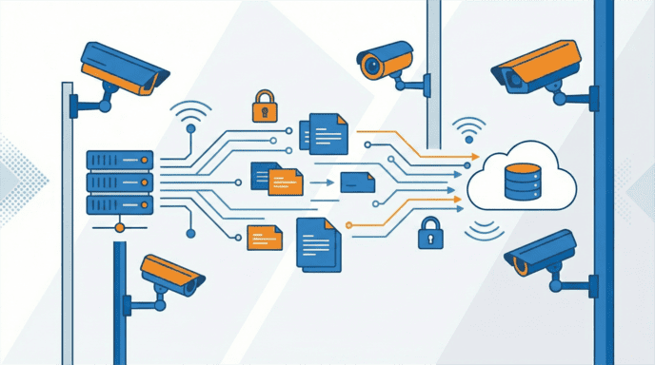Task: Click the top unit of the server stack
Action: [x=120, y=159]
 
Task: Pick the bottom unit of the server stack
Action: [x=120, y=204]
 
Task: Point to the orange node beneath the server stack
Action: [x=120, y=228]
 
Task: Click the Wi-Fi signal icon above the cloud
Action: [x=467, y=129]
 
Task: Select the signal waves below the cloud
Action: [x=486, y=228]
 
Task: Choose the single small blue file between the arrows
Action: [x=356, y=181]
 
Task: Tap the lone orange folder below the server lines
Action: [x=265, y=236]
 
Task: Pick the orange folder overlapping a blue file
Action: [x=284, y=180]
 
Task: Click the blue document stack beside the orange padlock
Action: [x=324, y=133]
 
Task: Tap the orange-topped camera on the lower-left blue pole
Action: [x=171, y=274]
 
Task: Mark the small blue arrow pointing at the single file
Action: [x=323, y=181]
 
